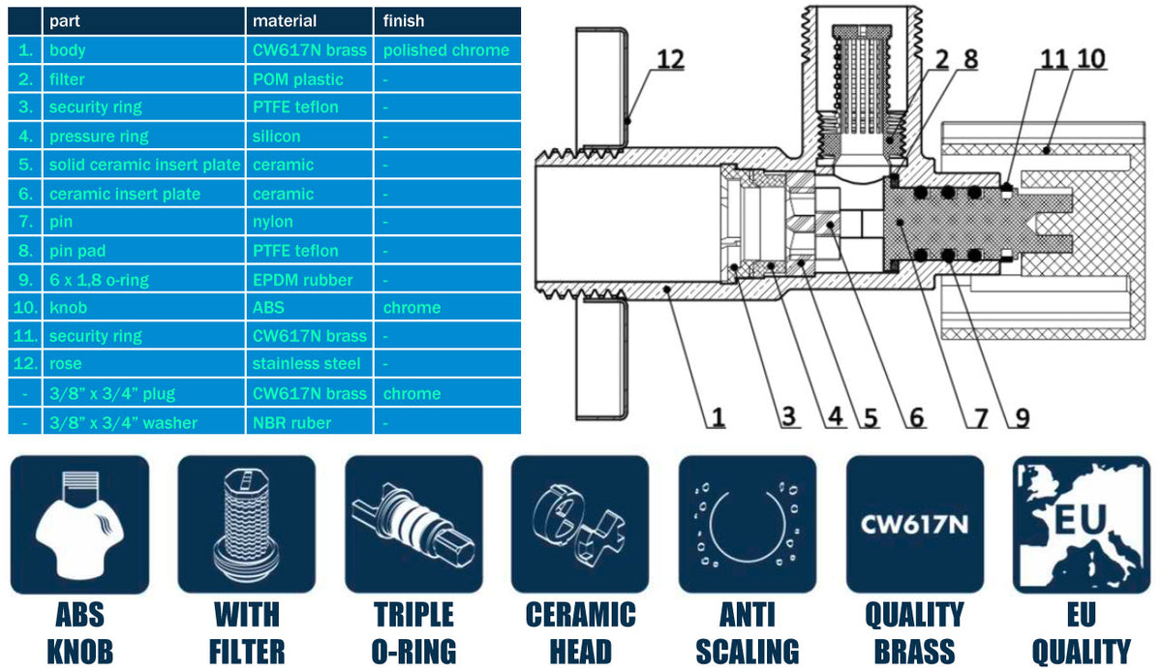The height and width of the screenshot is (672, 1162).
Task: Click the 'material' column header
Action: [x=285, y=21]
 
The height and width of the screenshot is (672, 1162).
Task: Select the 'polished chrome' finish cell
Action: [x=445, y=50]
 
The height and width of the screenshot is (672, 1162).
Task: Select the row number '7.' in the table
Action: [x=25, y=222]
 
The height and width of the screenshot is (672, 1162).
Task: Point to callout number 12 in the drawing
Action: [x=669, y=60]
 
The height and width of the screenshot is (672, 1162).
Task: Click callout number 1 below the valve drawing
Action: [x=718, y=417]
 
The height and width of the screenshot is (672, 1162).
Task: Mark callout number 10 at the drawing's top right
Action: [x=1090, y=60]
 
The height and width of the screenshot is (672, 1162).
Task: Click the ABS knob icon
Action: [x=80, y=524]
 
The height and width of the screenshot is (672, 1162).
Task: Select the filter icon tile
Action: [x=247, y=524]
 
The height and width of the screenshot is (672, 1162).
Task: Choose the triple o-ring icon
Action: [x=413, y=524]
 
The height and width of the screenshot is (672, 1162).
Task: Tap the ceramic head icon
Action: [x=580, y=524]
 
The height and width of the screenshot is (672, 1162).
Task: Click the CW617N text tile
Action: [x=914, y=524]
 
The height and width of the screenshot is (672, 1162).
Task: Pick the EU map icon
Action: [x=1081, y=524]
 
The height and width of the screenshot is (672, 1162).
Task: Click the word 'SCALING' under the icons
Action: [x=747, y=652]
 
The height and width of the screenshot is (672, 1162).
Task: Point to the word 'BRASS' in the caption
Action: [x=914, y=652]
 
